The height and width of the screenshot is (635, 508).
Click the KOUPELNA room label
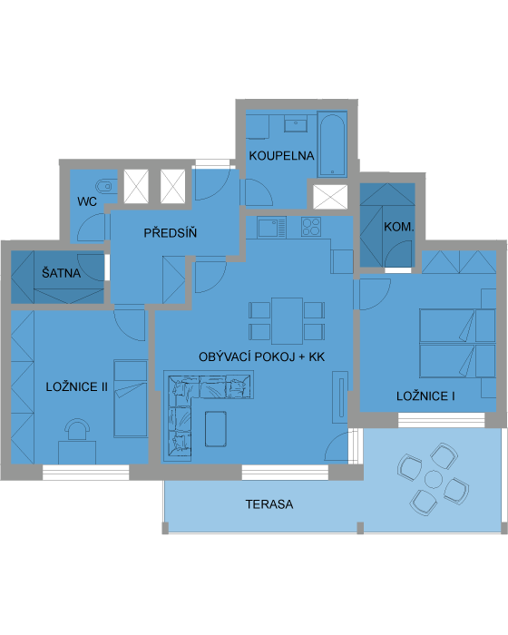click(x=281, y=155)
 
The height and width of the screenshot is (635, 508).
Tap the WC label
click(x=87, y=201)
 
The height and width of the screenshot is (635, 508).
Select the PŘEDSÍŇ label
click(x=171, y=232)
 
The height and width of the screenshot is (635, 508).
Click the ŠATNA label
click(x=61, y=272)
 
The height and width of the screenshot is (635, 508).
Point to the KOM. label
click(x=398, y=227)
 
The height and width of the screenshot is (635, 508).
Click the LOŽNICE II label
click(x=77, y=386)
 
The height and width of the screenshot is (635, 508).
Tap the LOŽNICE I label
click(x=425, y=396)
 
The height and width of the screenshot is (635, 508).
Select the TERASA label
click(x=269, y=504)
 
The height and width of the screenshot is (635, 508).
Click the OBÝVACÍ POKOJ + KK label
click(x=261, y=357)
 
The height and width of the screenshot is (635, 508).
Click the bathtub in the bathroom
click(x=332, y=144)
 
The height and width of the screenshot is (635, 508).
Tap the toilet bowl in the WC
click(x=104, y=186)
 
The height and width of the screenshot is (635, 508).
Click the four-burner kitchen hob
click(x=311, y=227)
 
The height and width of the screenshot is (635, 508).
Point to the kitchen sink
click(x=272, y=227)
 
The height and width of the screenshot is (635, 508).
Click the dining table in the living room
click(x=288, y=321)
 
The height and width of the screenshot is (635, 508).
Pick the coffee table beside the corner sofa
click(x=216, y=429)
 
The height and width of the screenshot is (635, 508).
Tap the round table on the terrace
click(x=434, y=479)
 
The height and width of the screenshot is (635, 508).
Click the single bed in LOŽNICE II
click(x=131, y=398)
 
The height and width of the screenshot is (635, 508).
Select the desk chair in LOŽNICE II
click(x=77, y=429)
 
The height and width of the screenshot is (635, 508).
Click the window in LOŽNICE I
click(x=441, y=420)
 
